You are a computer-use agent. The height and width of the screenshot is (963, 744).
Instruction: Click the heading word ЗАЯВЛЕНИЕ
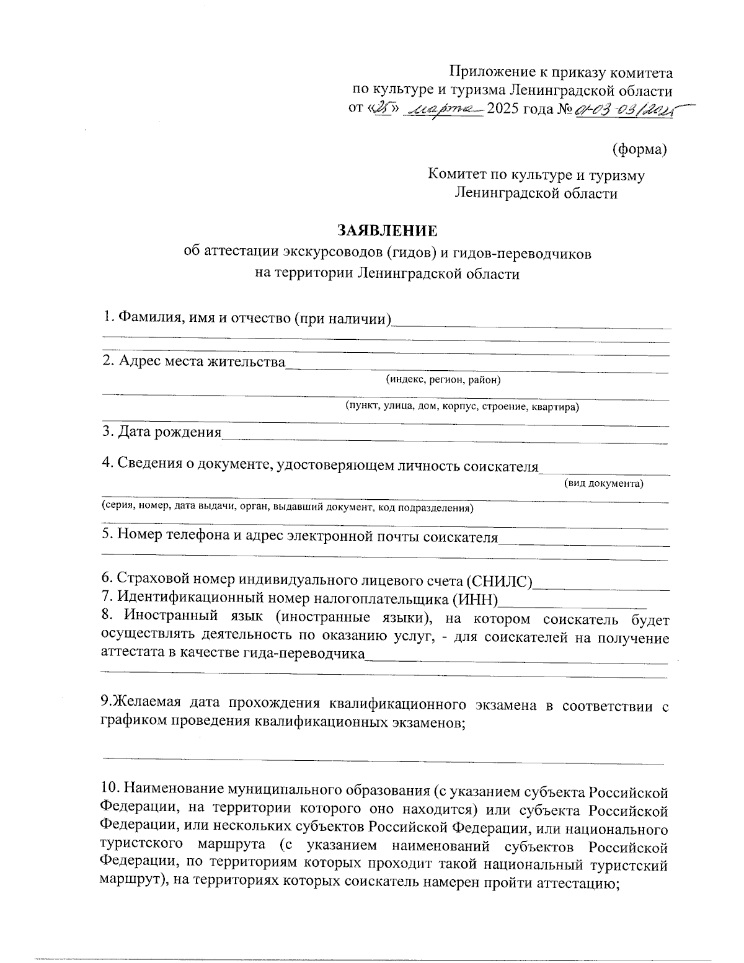(387, 231)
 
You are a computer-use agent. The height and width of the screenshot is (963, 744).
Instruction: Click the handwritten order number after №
(626, 110)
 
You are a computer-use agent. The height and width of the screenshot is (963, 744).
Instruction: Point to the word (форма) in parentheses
(639, 149)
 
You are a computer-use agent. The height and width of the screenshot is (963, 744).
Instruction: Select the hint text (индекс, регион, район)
(443, 379)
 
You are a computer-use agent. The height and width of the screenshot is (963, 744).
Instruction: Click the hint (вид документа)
(603, 483)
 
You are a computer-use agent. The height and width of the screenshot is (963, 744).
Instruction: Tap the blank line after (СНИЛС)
(601, 586)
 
